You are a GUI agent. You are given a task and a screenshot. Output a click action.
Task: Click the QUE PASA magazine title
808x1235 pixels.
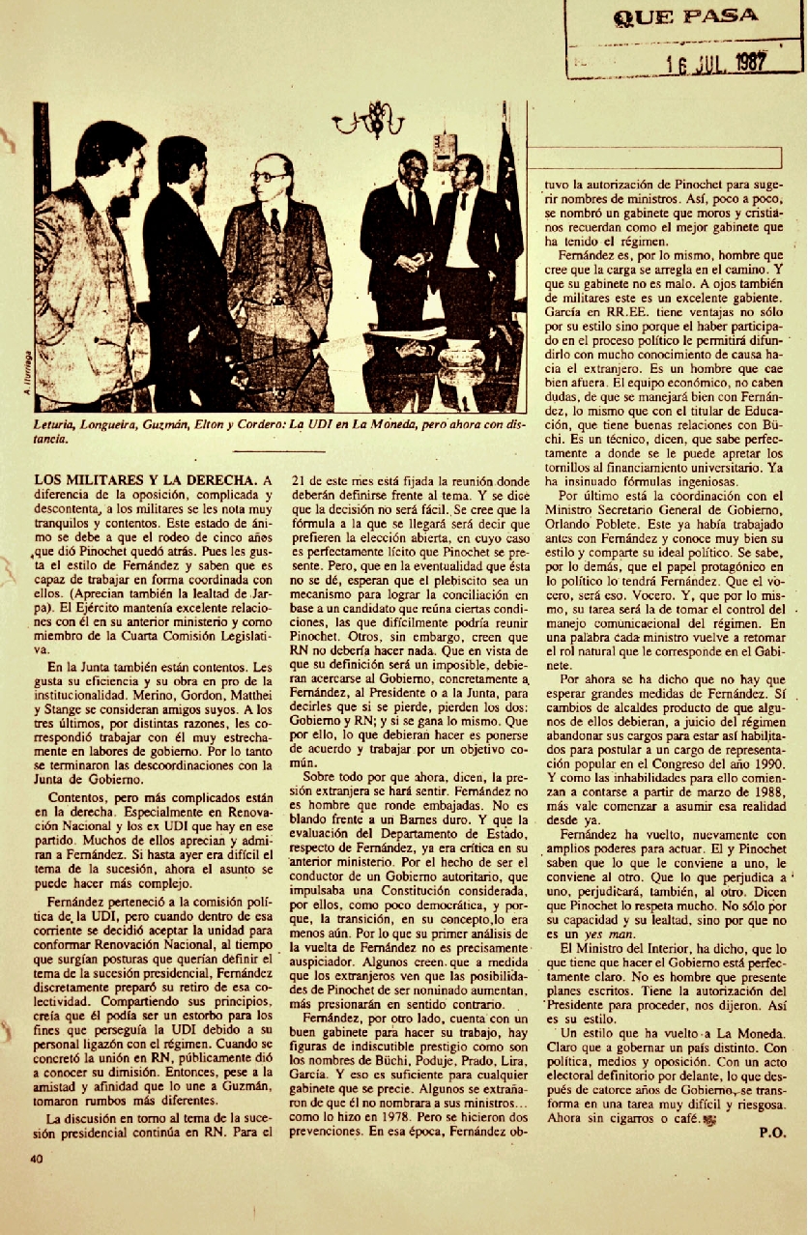685,16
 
